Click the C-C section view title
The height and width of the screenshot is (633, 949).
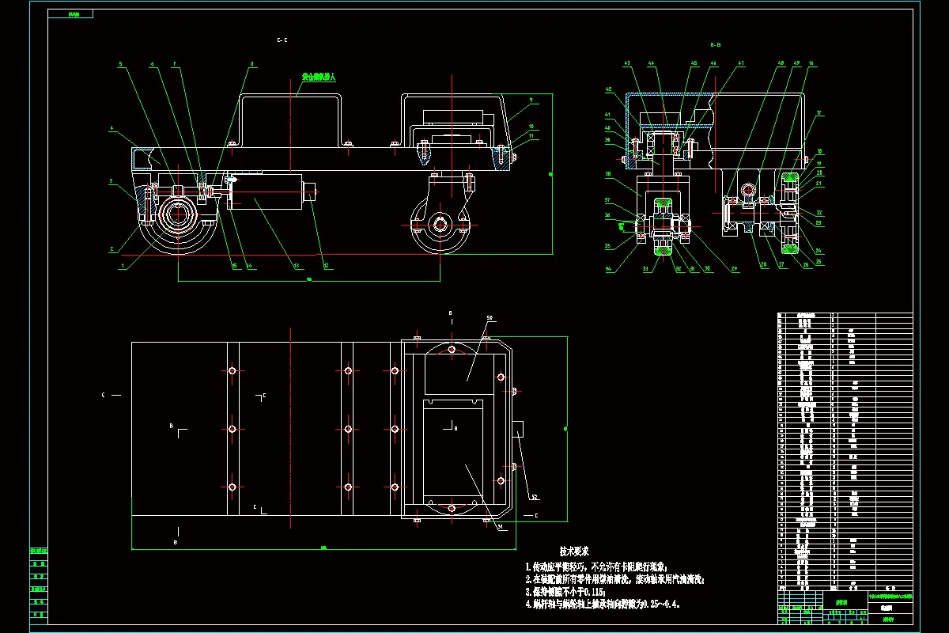pyautogui.click(x=282, y=40)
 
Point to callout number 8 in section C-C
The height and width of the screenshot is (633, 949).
pyautogui.click(x=251, y=64)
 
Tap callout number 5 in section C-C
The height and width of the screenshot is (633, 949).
pyautogui.click(x=121, y=64)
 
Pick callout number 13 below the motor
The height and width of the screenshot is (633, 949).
pyautogui.click(x=297, y=266)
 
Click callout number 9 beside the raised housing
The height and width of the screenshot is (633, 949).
pyautogui.click(x=531, y=100)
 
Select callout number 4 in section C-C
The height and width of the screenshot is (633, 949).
pyautogui.click(x=113, y=127)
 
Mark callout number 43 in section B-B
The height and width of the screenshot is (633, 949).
pyautogui.click(x=627, y=63)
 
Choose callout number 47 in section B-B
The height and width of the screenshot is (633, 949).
pyautogui.click(x=741, y=63)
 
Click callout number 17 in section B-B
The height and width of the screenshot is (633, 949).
pyautogui.click(x=819, y=113)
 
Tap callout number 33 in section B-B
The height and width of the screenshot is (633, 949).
pyautogui.click(x=645, y=269)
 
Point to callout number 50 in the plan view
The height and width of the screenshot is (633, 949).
pyautogui.click(x=490, y=318)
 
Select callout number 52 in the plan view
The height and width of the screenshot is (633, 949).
pyautogui.click(x=535, y=498)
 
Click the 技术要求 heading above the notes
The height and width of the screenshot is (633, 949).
pyautogui.click(x=575, y=551)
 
